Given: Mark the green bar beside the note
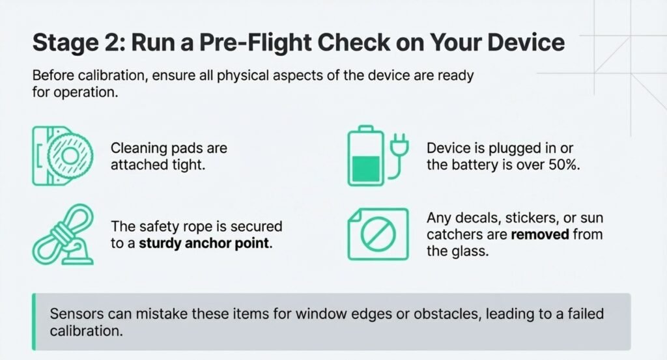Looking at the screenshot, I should click(x=34, y=322).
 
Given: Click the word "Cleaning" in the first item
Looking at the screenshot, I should click(x=139, y=148).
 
